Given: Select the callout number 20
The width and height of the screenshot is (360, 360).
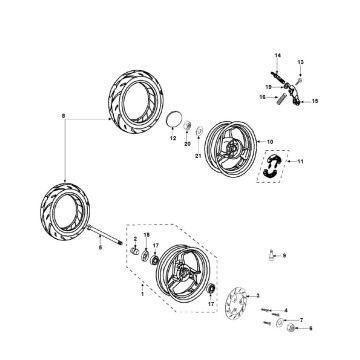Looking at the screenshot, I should point(186,144).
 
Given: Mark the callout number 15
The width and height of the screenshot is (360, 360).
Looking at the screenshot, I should point(314,101).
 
